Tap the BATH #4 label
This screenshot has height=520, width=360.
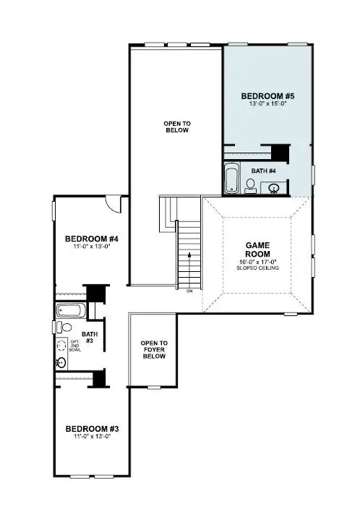(x=264, y=171)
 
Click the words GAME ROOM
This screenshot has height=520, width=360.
(x=257, y=250)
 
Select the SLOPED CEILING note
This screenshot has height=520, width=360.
(x=257, y=268)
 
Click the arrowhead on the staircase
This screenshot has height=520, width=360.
(x=189, y=256)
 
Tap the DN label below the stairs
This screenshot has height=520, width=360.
(x=189, y=291)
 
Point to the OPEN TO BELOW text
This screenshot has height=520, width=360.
(x=176, y=127)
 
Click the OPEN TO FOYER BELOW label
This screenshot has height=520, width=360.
(x=153, y=350)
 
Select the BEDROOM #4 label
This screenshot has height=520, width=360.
(x=91, y=239)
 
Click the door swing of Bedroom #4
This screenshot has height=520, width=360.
(x=112, y=204)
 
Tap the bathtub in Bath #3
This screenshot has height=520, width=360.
(x=71, y=312)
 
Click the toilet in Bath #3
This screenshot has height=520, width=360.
(x=65, y=328)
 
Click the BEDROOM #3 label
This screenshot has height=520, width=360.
(x=91, y=429)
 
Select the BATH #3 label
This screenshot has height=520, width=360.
(x=89, y=336)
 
